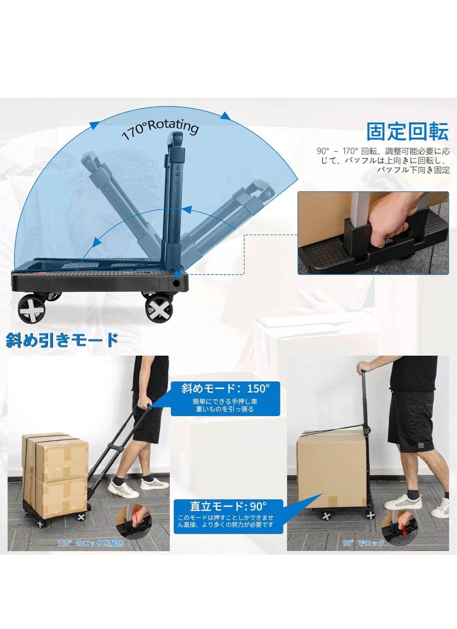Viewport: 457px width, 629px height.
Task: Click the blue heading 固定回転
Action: pos(407,131)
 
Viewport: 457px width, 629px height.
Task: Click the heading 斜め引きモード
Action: pos(62,339)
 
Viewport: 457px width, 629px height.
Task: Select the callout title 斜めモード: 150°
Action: pos(225,388)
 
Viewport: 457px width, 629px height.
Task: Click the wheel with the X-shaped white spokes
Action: pos(159,309)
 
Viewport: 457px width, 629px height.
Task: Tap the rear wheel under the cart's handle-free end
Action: pos(31,309)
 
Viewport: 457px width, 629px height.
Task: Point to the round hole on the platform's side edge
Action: pos(176,283)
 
